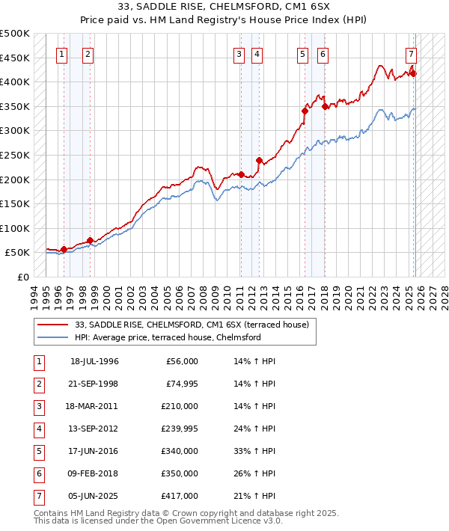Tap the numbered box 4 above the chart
coord(257,54)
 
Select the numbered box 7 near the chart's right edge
coord(411,54)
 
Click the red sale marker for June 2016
coord(305,111)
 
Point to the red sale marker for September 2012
coord(259,160)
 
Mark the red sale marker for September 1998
coord(90,240)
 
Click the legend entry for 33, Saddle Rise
coord(197,324)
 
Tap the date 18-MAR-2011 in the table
coord(94,406)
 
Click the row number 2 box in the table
coord(38,384)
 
